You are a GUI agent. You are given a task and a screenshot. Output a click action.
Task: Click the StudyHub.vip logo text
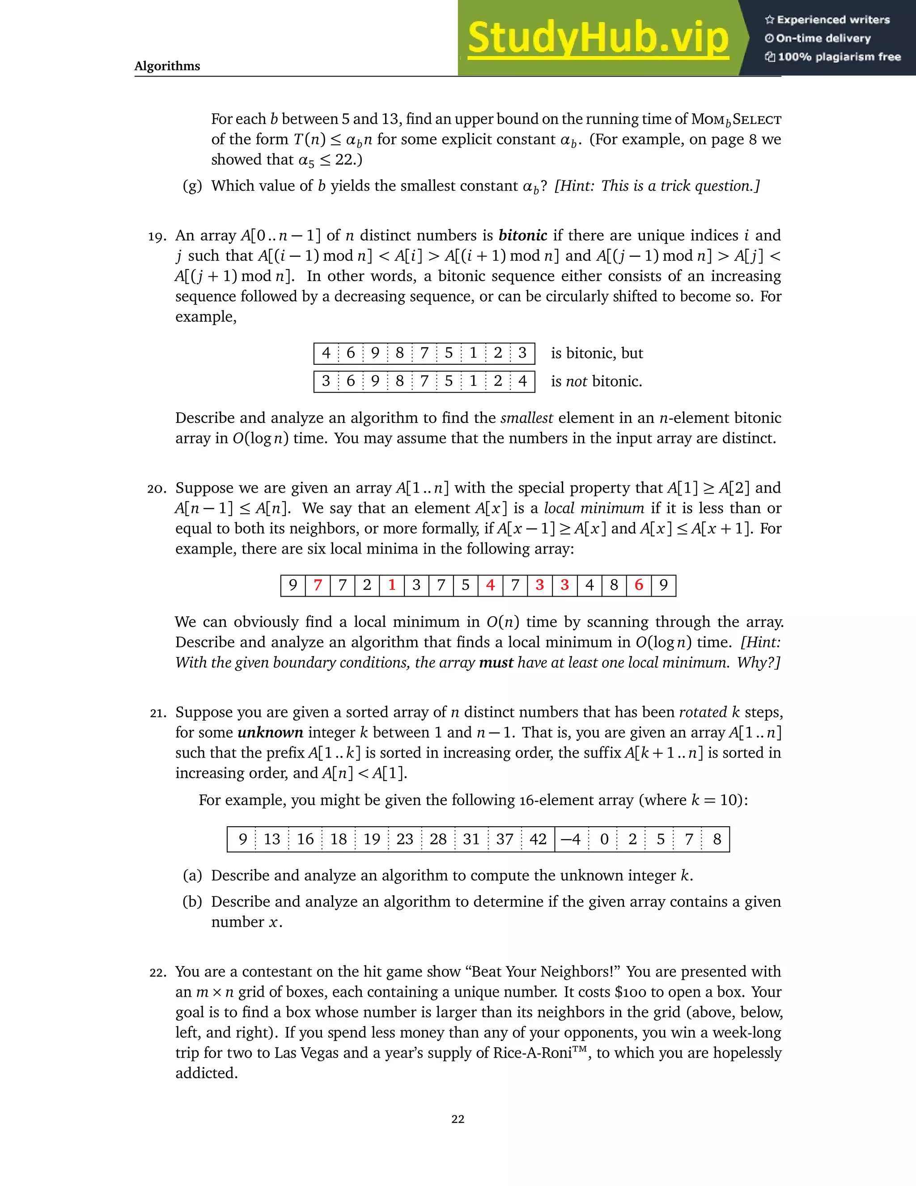click(x=598, y=38)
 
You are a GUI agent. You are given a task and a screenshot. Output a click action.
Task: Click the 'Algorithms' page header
click(x=167, y=66)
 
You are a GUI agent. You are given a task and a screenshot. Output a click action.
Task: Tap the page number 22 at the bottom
click(x=458, y=1119)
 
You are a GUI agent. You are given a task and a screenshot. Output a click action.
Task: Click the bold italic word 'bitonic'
click(x=522, y=235)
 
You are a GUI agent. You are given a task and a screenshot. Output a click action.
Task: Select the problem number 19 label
click(x=157, y=237)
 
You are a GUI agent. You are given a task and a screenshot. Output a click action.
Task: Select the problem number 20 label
click(x=157, y=489)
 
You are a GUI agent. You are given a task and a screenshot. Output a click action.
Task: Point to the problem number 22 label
click(x=158, y=973)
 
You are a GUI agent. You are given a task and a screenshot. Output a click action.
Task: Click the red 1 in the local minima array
click(x=392, y=585)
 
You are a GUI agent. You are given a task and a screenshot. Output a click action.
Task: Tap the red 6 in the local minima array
click(x=639, y=585)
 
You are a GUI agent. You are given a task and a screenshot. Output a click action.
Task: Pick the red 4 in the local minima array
click(x=491, y=585)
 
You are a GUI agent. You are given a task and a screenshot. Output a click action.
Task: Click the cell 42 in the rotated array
click(x=538, y=840)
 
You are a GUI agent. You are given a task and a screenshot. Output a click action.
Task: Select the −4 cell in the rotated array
click(x=570, y=840)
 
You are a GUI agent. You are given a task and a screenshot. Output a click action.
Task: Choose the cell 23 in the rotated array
click(x=405, y=840)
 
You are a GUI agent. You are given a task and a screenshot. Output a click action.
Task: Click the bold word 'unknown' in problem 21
click(x=270, y=733)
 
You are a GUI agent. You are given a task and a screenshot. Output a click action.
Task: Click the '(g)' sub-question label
click(x=192, y=186)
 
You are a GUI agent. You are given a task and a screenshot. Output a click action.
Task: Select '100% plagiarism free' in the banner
click(x=839, y=57)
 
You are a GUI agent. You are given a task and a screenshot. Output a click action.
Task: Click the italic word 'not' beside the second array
click(x=576, y=381)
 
